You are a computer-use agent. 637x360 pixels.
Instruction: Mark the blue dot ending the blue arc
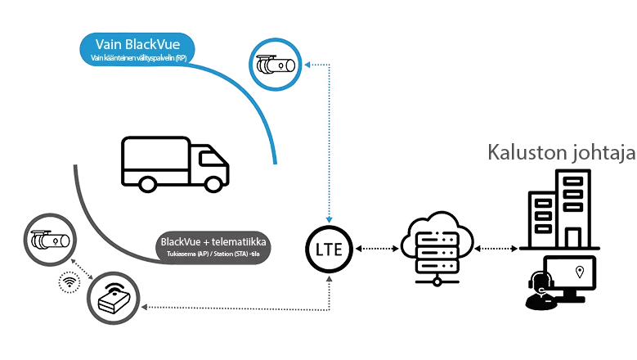coord(276,163)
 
